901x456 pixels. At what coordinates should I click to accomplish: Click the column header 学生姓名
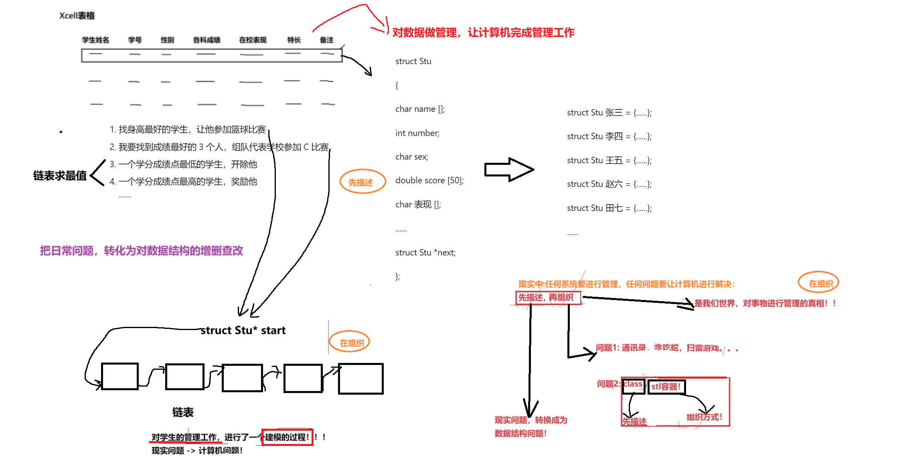click(95, 40)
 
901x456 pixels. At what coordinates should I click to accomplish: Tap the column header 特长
click(294, 40)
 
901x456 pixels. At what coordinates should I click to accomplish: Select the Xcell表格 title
click(77, 16)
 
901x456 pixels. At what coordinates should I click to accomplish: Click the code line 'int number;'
click(417, 133)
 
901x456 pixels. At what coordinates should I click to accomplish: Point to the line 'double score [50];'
click(429, 180)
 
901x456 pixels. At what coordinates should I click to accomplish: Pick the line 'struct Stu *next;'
click(425, 253)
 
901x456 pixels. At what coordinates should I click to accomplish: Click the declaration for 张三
click(609, 113)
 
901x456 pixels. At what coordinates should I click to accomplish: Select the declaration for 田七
click(609, 208)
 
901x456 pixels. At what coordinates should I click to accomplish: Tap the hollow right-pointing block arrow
click(509, 170)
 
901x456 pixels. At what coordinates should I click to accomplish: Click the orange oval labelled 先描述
click(362, 182)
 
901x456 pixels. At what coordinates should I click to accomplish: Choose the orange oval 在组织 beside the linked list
click(350, 343)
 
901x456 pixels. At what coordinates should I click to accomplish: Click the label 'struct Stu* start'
click(243, 330)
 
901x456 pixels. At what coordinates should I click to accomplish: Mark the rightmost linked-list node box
click(361, 379)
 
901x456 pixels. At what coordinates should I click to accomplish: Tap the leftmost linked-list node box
click(120, 376)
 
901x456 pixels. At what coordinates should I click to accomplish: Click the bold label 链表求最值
click(60, 176)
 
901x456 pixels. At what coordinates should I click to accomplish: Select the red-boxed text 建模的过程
click(287, 437)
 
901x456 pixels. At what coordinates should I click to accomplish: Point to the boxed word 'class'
click(633, 385)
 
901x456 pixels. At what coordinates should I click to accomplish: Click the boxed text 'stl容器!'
click(666, 387)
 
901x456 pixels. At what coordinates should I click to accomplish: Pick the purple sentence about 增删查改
click(142, 251)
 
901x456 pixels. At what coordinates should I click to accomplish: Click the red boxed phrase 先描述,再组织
click(547, 298)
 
